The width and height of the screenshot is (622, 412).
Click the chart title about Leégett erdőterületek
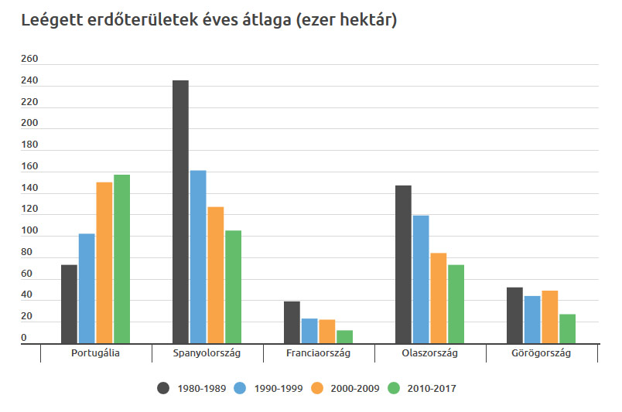[x=209, y=21]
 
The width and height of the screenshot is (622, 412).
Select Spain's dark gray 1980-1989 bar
[x=180, y=211]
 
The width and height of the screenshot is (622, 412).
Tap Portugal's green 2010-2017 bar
[x=121, y=258]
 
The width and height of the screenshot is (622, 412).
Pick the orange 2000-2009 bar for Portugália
[x=104, y=262]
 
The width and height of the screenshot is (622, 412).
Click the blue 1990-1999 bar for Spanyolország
[x=198, y=256]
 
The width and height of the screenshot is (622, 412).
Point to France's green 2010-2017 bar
[x=344, y=336]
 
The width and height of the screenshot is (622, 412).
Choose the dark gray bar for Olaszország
[x=403, y=264]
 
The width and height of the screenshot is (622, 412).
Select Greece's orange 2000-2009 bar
[x=549, y=316]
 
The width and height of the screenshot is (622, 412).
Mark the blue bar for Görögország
[x=532, y=319]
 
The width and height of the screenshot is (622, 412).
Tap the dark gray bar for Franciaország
[x=292, y=322]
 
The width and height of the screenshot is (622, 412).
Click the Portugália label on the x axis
[x=95, y=353]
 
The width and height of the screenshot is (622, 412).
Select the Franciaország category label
[x=318, y=353]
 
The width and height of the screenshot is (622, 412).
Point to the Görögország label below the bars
[x=541, y=353]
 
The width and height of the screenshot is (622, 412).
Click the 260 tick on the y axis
[x=29, y=60]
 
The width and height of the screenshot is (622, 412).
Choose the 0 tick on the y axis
[x=24, y=338]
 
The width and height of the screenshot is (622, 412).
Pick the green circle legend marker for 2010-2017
[x=394, y=388]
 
